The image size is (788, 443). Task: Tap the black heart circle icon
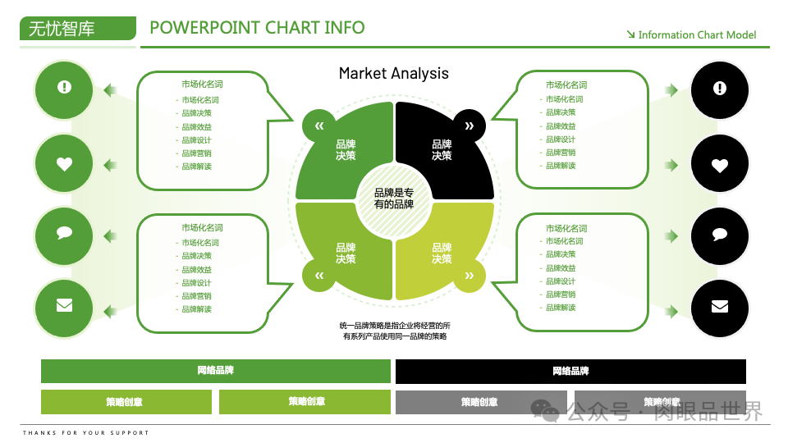coord(720,165)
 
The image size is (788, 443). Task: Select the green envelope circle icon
coord(64,305)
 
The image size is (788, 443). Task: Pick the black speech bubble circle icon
coord(720,235)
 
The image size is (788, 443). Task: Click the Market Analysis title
coord(394,73)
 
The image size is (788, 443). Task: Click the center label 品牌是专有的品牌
coord(394,198)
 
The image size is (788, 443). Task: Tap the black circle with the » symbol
coord(469,126)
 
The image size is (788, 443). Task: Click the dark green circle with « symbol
coord(319,126)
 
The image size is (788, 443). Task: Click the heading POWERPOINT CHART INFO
coord(257,27)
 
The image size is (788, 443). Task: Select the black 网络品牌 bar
coord(570,371)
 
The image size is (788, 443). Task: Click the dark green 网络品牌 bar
coord(216,371)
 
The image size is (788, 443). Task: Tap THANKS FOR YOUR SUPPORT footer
coord(86,432)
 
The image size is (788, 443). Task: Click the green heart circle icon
coord(64,164)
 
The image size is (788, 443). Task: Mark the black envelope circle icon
coord(720,307)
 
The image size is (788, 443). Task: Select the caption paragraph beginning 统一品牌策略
coord(394,331)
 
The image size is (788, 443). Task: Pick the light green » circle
coord(469,276)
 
